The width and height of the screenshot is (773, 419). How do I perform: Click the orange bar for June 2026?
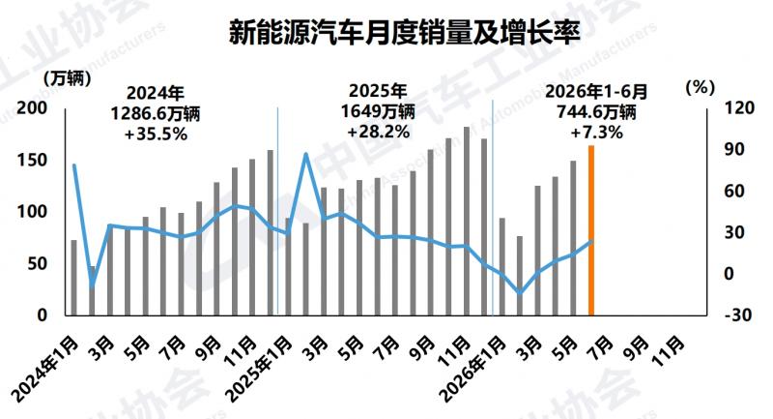[591, 230]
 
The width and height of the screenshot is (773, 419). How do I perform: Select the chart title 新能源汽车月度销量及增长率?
[405, 33]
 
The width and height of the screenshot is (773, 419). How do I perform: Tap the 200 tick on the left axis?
[32, 108]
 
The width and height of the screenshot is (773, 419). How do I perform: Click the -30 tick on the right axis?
[737, 314]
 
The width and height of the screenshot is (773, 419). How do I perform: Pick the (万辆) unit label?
[68, 78]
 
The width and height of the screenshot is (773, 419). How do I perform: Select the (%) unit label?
[700, 88]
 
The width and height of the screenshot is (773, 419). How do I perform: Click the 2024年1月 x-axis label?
[45, 369]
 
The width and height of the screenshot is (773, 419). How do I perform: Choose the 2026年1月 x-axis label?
[473, 369]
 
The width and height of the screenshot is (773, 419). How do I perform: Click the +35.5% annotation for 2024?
[156, 135]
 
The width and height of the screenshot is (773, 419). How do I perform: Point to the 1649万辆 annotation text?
[378, 111]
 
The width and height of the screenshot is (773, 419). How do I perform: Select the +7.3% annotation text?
[596, 133]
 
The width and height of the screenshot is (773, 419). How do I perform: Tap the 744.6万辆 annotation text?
[596, 112]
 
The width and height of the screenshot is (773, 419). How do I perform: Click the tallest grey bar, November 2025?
[467, 221]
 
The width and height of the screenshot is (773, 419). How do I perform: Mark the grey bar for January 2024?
[74, 278]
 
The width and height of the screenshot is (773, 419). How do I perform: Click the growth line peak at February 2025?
[305, 154]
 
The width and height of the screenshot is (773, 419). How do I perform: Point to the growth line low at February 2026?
[520, 292]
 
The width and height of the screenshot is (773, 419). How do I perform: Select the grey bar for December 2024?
[271, 232]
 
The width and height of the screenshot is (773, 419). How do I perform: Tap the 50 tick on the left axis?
[37, 263]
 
